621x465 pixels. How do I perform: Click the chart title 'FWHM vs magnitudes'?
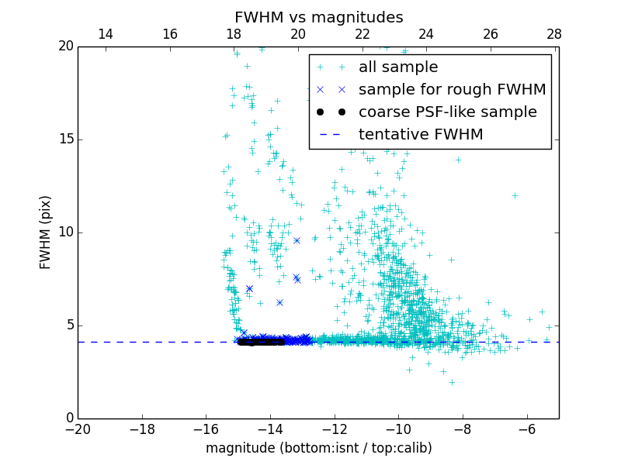pos(318,17)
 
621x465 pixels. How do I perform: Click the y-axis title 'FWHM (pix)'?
pos(46,232)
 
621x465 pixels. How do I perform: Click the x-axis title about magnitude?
pos(318,448)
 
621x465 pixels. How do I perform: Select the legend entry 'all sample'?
pos(398,67)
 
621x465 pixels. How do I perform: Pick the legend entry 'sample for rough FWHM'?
pos(452,89)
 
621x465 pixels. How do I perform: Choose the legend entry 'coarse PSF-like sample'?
pos(447,112)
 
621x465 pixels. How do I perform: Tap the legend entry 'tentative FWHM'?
pos(421,134)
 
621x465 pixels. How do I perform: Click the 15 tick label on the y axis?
pos(64,139)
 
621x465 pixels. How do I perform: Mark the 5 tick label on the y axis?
pos(68,325)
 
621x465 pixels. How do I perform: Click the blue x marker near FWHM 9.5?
pos(297,240)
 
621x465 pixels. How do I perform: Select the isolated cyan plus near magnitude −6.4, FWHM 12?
pos(515,195)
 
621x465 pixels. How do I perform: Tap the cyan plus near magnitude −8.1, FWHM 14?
pos(458,160)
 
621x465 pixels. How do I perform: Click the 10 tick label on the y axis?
pos(64,232)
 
